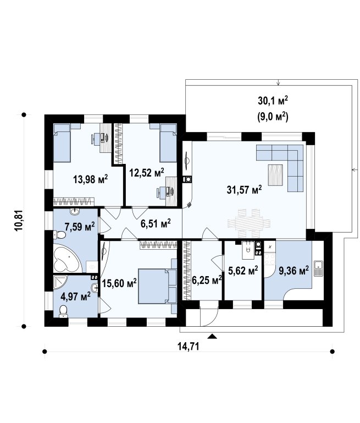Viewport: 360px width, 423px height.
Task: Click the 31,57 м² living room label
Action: (244, 190)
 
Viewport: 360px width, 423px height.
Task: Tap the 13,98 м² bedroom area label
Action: (91, 179)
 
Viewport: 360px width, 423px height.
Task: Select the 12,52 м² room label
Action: (147, 173)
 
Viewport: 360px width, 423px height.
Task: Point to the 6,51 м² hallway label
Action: (156, 223)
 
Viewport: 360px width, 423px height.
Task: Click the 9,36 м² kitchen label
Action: (293, 271)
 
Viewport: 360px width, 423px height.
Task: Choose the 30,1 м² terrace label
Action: (273, 101)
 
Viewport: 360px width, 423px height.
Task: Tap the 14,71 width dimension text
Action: (189, 346)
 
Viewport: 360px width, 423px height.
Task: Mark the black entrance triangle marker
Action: (213, 336)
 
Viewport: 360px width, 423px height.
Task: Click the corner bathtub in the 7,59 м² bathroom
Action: (67, 259)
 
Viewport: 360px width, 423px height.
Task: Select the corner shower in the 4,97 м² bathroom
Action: (60, 282)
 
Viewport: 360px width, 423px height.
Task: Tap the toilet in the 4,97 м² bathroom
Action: (63, 311)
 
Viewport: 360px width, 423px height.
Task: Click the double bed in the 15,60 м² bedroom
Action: (158, 286)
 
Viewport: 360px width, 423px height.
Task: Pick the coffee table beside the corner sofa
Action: (275, 175)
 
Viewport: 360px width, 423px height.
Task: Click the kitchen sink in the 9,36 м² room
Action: (318, 268)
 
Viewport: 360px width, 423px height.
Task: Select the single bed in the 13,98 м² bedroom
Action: (63, 142)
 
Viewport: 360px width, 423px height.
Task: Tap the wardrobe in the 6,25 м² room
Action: (186, 271)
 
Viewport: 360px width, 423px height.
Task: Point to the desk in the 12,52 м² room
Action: (171, 191)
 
